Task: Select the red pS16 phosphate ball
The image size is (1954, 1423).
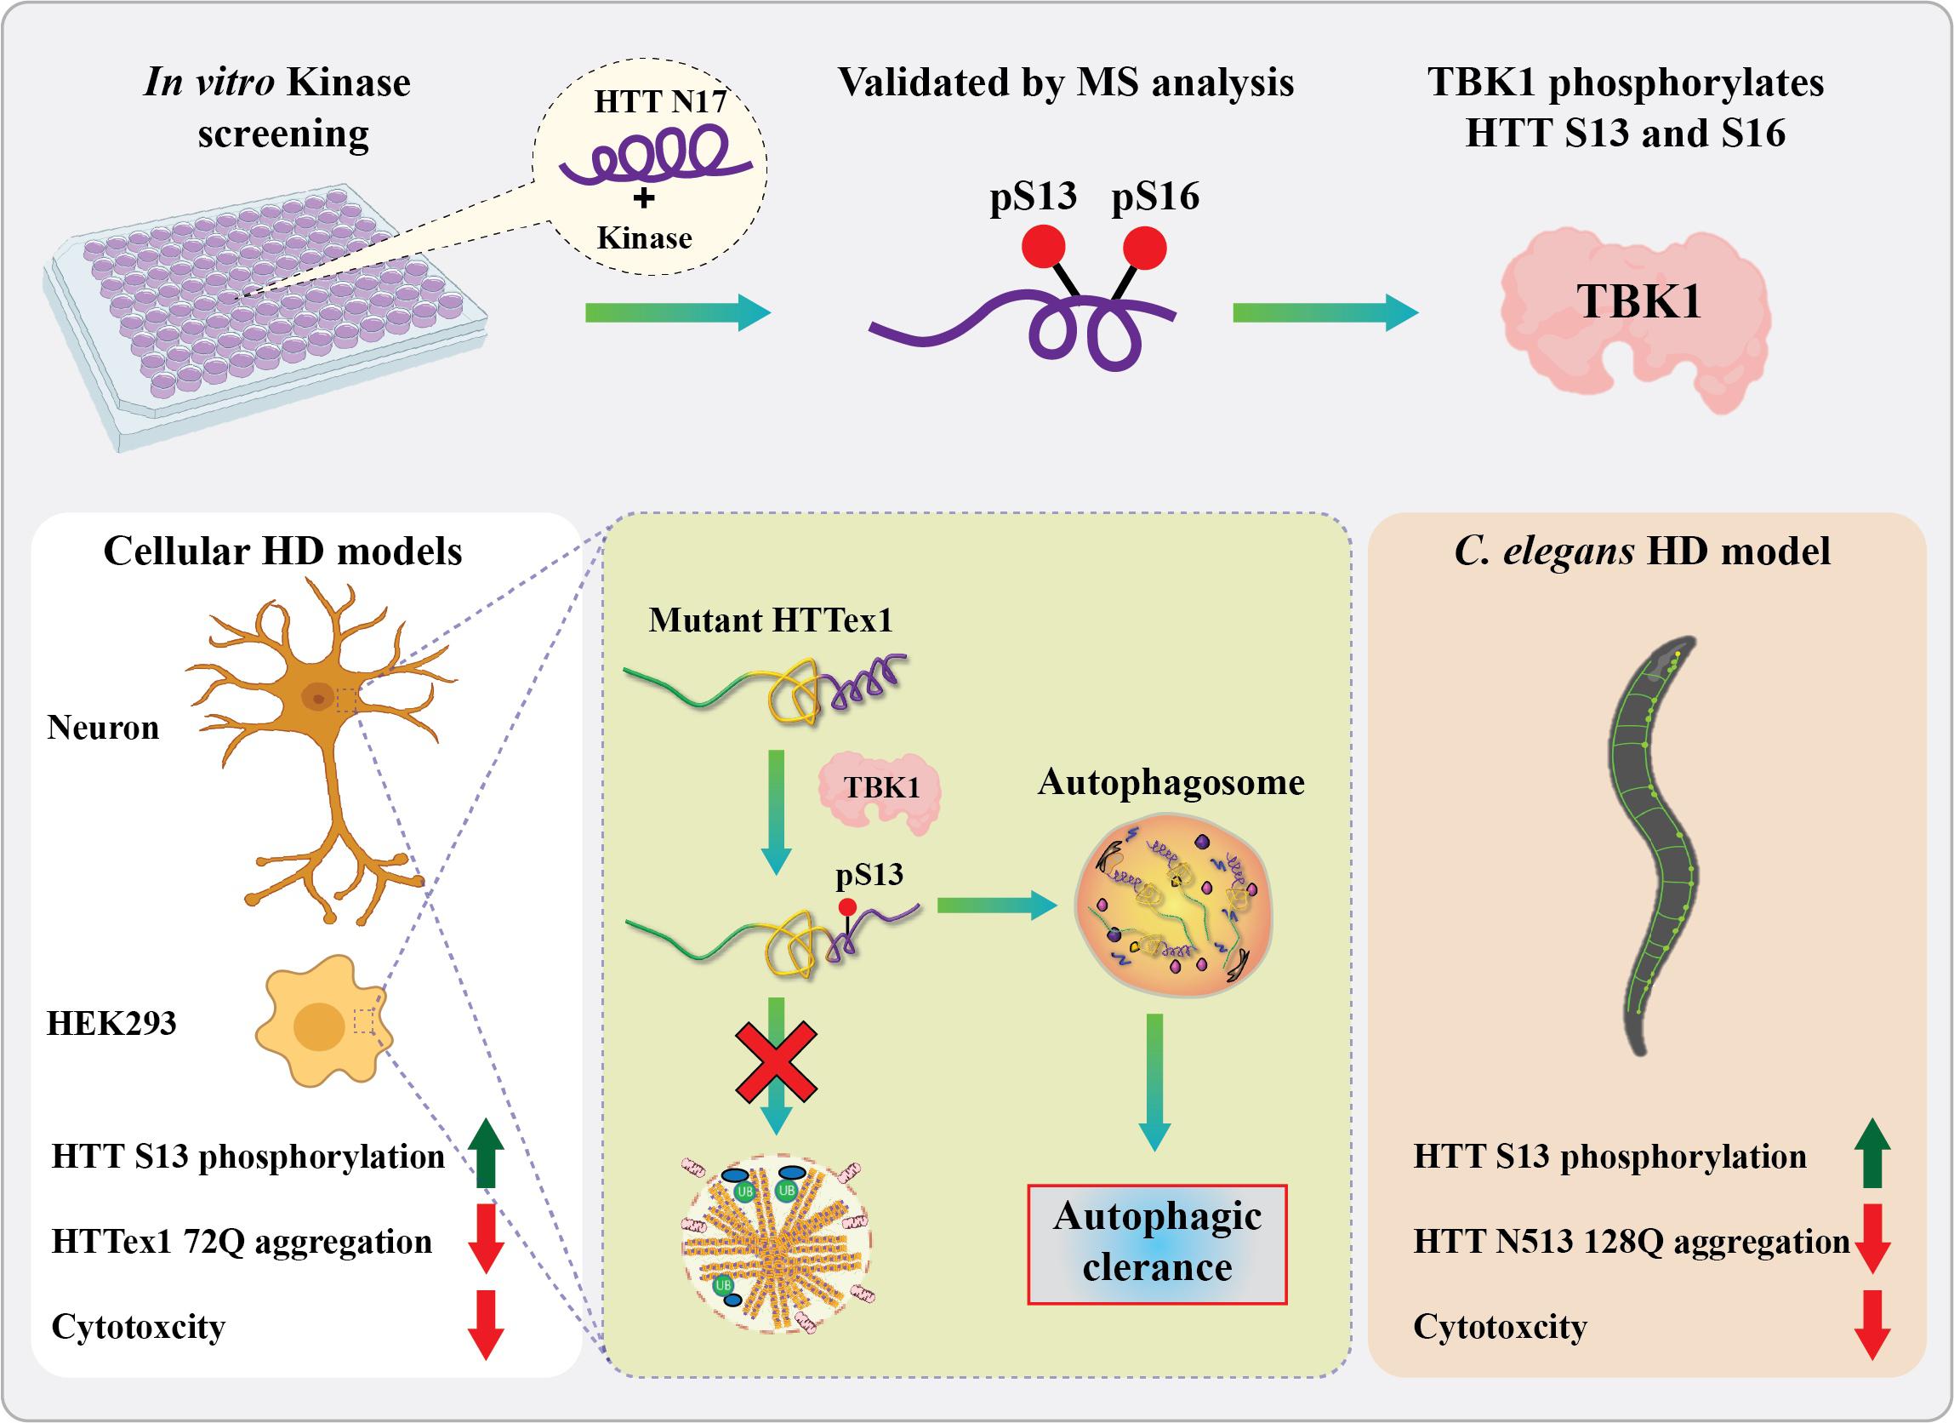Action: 1145,249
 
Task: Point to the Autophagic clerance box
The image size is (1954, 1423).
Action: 1157,1243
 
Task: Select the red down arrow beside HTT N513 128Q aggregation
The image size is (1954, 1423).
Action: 1871,1238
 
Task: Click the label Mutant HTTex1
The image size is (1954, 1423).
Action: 770,620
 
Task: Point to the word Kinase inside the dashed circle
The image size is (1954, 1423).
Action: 645,238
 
